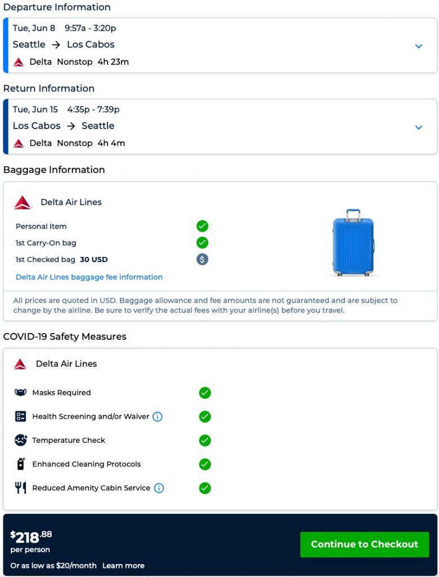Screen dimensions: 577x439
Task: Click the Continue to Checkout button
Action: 364,544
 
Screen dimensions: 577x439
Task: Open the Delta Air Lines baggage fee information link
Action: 89,277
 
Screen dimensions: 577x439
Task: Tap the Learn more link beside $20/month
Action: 123,566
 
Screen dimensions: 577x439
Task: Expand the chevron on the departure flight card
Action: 419,46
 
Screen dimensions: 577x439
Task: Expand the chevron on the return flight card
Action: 419,127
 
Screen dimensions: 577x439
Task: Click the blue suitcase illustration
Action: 353,243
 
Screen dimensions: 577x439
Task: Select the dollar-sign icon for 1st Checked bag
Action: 203,260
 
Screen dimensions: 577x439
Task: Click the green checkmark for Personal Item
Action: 203,227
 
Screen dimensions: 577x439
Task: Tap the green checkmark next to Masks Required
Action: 205,393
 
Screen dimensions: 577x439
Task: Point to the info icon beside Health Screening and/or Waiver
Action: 158,417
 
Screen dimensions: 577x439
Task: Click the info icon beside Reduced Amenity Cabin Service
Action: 159,488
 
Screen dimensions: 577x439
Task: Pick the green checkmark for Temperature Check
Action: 205,441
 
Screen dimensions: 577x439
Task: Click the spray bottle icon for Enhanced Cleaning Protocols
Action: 21,464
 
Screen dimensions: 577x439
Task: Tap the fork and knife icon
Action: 21,488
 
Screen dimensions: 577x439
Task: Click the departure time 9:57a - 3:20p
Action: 91,28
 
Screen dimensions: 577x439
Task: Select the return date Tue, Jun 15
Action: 35,110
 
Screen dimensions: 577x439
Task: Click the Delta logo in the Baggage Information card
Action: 23,202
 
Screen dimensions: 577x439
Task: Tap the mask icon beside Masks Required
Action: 21,393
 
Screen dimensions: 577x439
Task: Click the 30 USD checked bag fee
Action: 93,260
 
